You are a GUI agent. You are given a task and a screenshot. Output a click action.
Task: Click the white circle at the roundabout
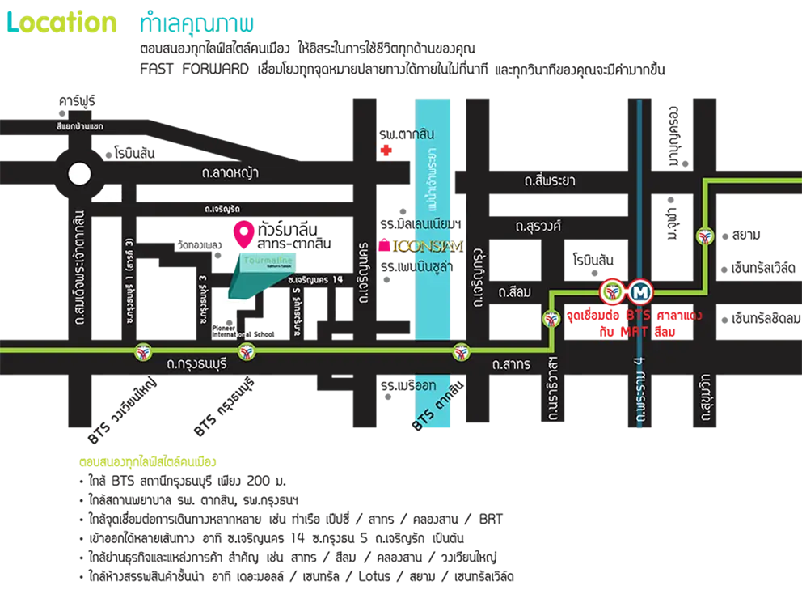point(79,174)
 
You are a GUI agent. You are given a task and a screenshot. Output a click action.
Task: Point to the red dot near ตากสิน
point(386,150)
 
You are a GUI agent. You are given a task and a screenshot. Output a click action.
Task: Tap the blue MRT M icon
point(643,291)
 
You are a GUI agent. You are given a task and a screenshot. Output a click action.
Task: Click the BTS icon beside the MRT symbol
point(612,291)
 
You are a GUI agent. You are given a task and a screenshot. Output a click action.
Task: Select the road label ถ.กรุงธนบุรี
point(198,364)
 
